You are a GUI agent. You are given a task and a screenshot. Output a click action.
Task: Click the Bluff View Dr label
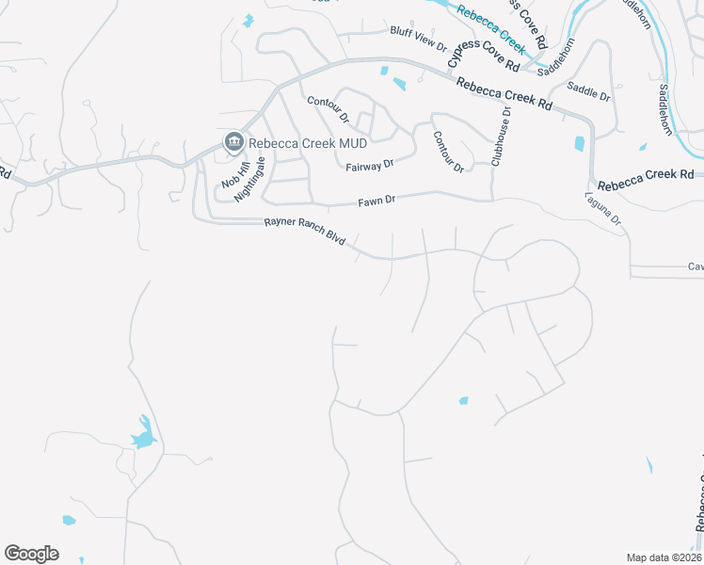418,37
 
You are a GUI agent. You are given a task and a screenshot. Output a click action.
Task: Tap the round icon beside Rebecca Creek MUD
232,142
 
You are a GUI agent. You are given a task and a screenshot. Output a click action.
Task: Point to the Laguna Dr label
603,209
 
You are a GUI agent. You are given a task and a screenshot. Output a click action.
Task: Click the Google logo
31,554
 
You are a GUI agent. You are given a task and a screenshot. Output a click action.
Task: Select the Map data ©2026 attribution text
664,557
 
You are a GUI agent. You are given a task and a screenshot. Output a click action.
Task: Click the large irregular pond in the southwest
143,435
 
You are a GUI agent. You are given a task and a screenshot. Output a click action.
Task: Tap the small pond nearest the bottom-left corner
69,520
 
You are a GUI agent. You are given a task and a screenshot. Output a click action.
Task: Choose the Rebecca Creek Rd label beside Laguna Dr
645,174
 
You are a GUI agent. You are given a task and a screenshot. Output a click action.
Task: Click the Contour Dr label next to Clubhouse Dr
448,152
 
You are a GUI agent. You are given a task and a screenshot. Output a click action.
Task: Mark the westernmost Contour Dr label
328,110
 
